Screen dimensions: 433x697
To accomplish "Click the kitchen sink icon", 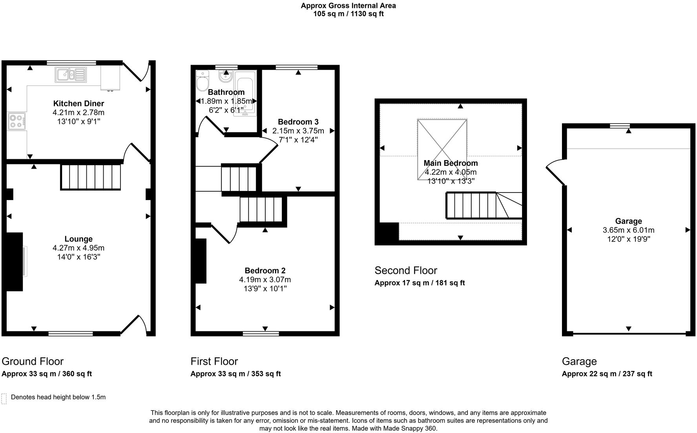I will [71, 74].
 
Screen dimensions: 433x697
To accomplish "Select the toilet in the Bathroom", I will [203, 82].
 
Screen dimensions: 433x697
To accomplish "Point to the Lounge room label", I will [78, 239].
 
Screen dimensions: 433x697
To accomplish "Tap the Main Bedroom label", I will [451, 163].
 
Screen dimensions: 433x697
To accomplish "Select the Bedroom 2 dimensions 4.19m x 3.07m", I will [265, 280].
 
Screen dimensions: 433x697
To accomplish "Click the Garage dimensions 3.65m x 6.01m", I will [628, 230].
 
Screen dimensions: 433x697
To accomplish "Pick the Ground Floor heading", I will [33, 361].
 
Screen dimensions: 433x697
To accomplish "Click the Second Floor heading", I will [406, 270].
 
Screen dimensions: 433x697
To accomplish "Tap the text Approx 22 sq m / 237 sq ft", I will [607, 374].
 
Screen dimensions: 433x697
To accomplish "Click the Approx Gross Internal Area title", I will [348, 5].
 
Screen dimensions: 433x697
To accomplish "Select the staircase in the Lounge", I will [91, 177].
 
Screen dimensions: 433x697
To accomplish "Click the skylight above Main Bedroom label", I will [442, 149].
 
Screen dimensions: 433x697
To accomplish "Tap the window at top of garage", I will [620, 126].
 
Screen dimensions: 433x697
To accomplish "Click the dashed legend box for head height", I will [4, 398].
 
